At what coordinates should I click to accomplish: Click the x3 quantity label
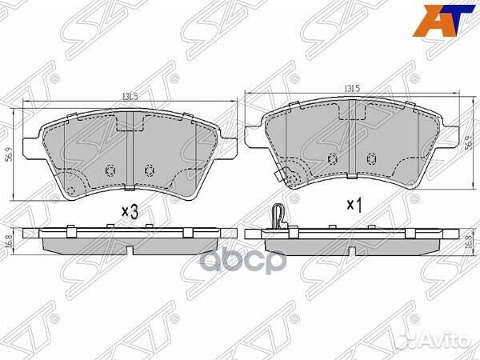point(130,211)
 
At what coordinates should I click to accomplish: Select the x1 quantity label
point(354,205)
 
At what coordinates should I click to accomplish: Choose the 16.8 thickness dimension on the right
point(468,238)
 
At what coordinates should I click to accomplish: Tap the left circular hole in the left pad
point(110,169)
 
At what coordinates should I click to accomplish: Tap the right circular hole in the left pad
point(147,169)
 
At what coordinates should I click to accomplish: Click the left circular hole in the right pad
point(330,157)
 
